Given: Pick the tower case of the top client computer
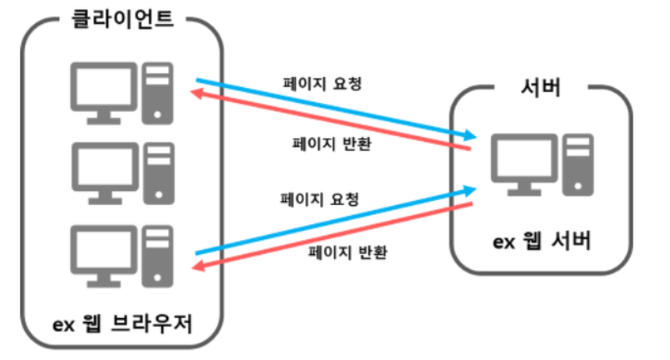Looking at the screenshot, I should click(157, 93).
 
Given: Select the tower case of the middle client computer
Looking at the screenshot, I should click(157, 173).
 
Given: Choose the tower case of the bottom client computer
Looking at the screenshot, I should click(157, 255).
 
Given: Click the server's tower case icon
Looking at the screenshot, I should click(578, 164).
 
